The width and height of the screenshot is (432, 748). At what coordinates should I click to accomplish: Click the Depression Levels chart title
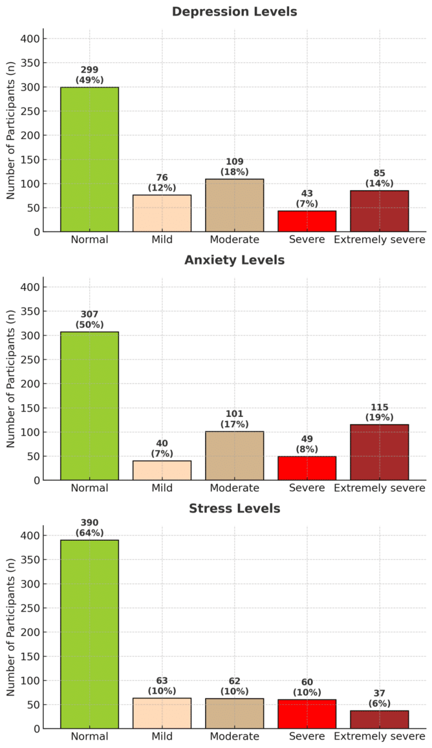tap(234, 12)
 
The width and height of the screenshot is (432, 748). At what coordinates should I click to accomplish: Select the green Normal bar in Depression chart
tap(89, 160)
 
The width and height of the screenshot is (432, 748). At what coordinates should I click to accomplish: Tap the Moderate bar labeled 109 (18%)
tap(234, 205)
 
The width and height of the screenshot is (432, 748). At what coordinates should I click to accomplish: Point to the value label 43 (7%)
tap(307, 199)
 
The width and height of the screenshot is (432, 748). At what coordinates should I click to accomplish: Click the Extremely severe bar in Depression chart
tap(380, 211)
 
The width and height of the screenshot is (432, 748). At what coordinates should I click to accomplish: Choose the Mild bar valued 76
tap(162, 213)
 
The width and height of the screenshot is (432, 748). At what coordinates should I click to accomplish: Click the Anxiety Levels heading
tap(234, 260)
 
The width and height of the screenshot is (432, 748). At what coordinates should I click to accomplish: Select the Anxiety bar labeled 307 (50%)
tap(89, 406)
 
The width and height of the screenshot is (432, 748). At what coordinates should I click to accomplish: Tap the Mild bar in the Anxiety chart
tap(162, 470)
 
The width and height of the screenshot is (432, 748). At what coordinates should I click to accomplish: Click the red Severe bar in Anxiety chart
tap(307, 468)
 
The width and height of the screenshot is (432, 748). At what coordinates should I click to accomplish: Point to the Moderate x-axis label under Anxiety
tap(234, 488)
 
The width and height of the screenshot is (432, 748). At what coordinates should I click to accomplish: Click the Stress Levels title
tap(234, 509)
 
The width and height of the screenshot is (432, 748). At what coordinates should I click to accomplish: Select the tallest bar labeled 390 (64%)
tap(89, 634)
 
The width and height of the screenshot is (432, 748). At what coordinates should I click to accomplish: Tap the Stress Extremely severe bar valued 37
tap(380, 719)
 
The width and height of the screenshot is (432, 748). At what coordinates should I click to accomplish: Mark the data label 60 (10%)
tap(307, 687)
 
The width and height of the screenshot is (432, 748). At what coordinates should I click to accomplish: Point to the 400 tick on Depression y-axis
tap(31, 39)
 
